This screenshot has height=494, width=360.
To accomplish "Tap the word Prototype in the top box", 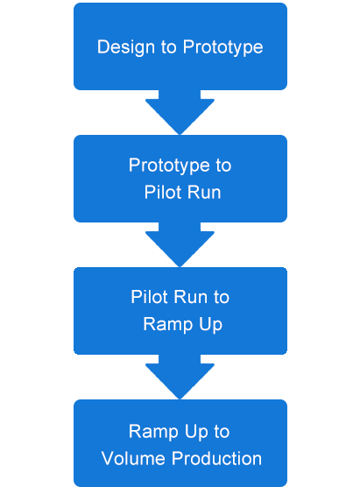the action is (x=222, y=48).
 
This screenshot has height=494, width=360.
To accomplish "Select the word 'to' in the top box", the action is (x=169, y=47).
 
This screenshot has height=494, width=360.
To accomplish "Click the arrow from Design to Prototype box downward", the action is (x=180, y=112).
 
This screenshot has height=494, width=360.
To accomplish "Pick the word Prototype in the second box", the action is (x=169, y=166).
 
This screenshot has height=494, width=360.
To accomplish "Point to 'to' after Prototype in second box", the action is (x=223, y=166).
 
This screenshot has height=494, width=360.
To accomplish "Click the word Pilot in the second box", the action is (x=159, y=192).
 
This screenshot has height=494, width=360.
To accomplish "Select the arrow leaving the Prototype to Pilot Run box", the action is (x=180, y=244).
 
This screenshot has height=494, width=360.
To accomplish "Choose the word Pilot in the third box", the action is (x=145, y=297).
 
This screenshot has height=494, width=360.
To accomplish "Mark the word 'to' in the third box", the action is (x=222, y=297).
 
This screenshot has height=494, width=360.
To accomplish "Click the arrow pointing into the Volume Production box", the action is (x=180, y=377).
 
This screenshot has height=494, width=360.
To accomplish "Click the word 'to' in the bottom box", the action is (x=222, y=432).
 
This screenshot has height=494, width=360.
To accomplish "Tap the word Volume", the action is (x=134, y=459).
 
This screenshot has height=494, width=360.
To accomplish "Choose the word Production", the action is (x=216, y=459).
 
